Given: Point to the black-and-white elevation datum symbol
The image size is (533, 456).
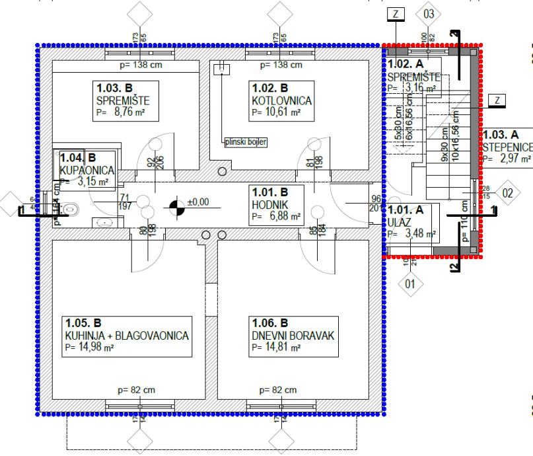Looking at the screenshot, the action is point(176,208).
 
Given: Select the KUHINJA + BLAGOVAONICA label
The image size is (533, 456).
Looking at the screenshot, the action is point(126,336).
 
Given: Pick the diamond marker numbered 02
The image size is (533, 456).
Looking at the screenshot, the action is point(507,193).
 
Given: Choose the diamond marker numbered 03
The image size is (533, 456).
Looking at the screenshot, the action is point(429,13).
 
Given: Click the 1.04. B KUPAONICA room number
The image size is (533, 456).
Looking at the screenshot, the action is point(77,159).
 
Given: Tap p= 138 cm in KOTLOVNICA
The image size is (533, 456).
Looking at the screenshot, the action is point(281,65).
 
